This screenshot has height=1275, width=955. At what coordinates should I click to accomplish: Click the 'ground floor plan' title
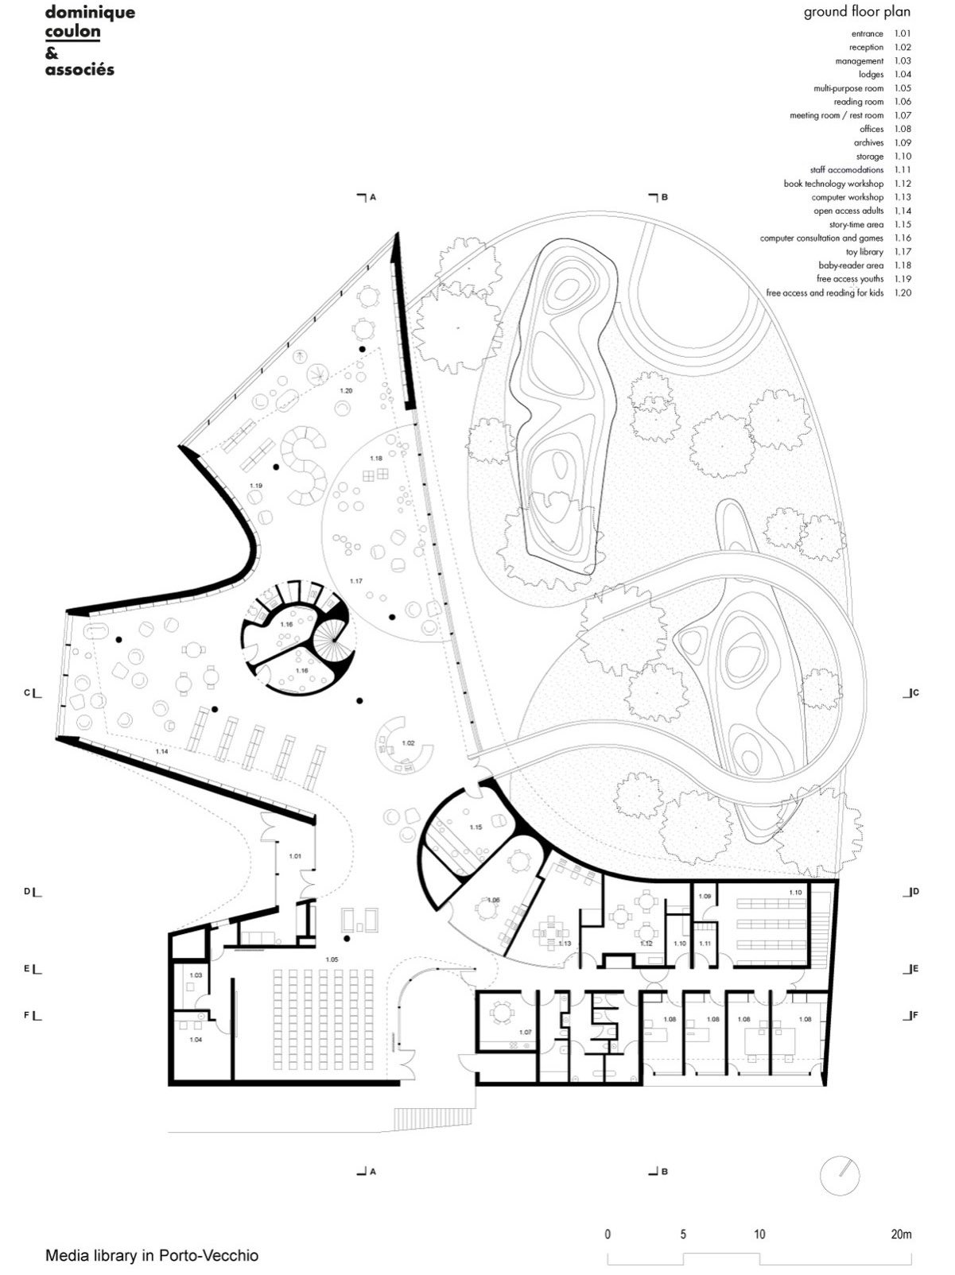[x=857, y=12]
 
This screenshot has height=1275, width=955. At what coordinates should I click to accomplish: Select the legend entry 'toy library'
[x=864, y=251]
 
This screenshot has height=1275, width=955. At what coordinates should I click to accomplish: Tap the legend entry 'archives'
[x=868, y=142]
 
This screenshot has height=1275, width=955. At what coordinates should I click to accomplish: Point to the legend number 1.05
[x=903, y=88]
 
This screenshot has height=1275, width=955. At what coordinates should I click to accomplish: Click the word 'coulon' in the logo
[x=72, y=31]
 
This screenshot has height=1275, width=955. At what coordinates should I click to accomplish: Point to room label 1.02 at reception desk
[x=409, y=743]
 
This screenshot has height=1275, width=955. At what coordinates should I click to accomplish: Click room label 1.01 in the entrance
[x=295, y=855]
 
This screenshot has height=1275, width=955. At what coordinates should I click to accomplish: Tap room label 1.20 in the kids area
[x=346, y=391]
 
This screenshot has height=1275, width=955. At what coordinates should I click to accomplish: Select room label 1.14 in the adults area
[x=161, y=752]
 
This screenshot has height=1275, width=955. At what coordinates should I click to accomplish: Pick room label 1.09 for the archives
[x=705, y=897]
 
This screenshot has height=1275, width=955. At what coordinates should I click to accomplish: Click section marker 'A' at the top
[x=373, y=197]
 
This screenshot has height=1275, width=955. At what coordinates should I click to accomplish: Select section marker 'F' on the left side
[x=27, y=1015]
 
